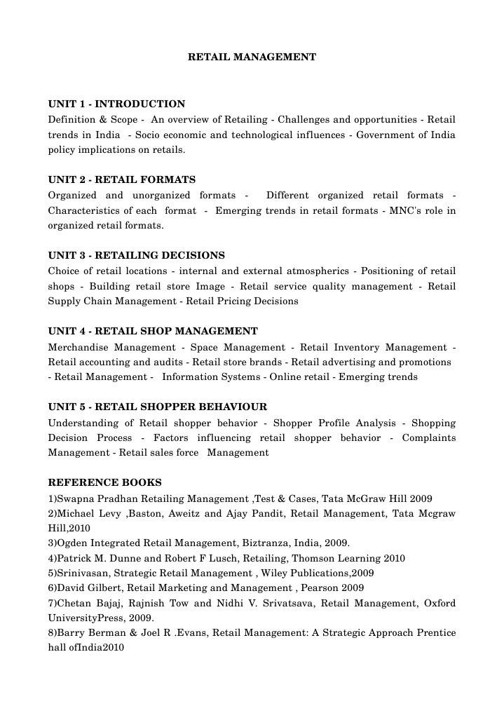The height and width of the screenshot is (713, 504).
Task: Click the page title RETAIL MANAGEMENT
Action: tap(252, 57)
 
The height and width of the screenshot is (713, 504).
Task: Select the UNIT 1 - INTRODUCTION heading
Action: tap(116, 104)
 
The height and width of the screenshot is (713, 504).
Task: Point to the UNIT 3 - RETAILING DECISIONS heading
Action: tap(136, 255)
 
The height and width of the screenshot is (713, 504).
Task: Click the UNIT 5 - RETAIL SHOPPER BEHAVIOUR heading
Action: tap(157, 407)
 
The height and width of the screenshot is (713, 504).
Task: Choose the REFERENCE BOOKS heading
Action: tap(104, 482)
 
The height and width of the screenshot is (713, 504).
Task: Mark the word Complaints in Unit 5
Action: tap(428, 437)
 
